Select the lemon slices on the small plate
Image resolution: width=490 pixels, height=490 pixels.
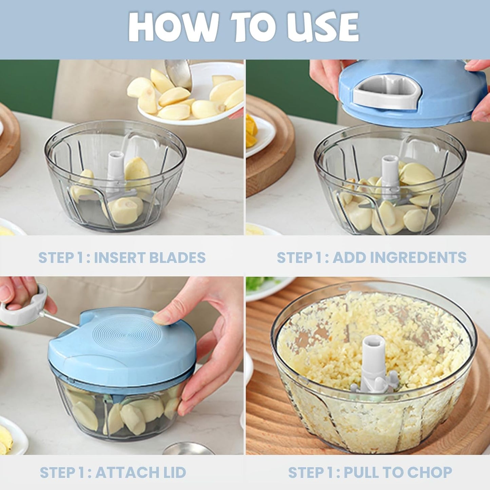(251, 131)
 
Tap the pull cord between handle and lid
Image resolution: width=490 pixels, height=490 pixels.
(61, 320)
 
